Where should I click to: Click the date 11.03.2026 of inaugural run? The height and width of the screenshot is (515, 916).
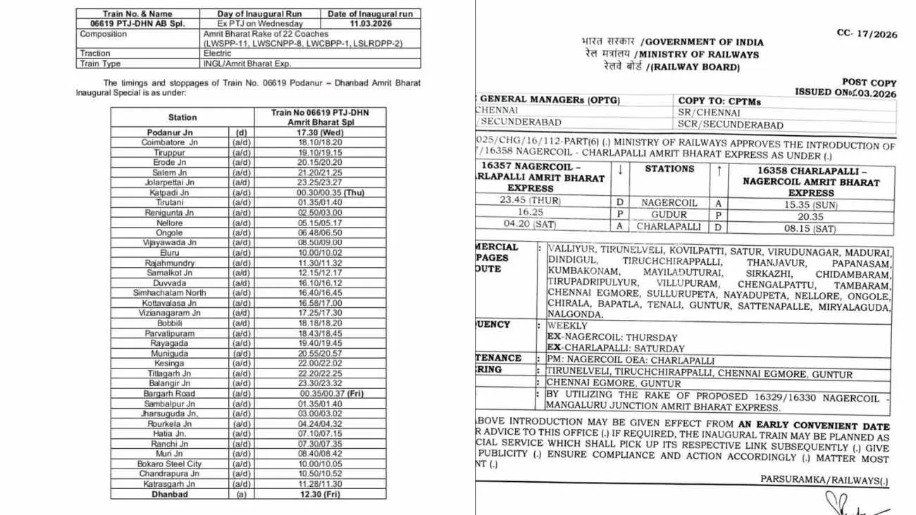[x=372, y=23]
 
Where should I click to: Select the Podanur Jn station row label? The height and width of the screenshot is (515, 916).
[x=169, y=132]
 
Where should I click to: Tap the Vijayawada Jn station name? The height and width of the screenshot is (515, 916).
[x=169, y=242]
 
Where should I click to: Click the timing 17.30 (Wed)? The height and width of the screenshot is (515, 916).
[x=320, y=132]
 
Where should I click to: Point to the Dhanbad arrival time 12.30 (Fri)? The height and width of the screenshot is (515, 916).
[x=320, y=495]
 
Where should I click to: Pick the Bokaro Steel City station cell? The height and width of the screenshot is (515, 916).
[x=169, y=464]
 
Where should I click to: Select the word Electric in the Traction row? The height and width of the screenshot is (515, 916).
[x=217, y=54]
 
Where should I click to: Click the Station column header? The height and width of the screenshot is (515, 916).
[x=182, y=117]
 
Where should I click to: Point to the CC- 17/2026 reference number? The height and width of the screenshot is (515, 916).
[x=867, y=33]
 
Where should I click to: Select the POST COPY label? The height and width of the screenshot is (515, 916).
[x=869, y=82]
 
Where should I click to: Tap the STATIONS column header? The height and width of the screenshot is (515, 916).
[x=669, y=169]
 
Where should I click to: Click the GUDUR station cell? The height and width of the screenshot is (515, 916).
[x=669, y=215]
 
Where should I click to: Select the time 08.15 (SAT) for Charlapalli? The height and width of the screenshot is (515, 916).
[x=811, y=229]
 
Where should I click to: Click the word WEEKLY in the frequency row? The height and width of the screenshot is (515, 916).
[x=567, y=326]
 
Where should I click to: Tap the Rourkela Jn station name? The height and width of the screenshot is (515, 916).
[x=169, y=424]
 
